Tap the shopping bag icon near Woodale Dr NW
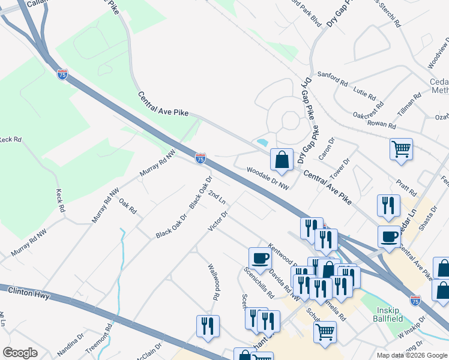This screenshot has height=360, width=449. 282,160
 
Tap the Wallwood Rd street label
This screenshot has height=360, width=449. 212,283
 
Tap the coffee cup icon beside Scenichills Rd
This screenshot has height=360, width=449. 260,257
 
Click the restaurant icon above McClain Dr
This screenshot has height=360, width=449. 208,326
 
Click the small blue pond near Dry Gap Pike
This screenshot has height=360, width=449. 262,143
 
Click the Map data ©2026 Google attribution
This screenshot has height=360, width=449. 412,355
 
